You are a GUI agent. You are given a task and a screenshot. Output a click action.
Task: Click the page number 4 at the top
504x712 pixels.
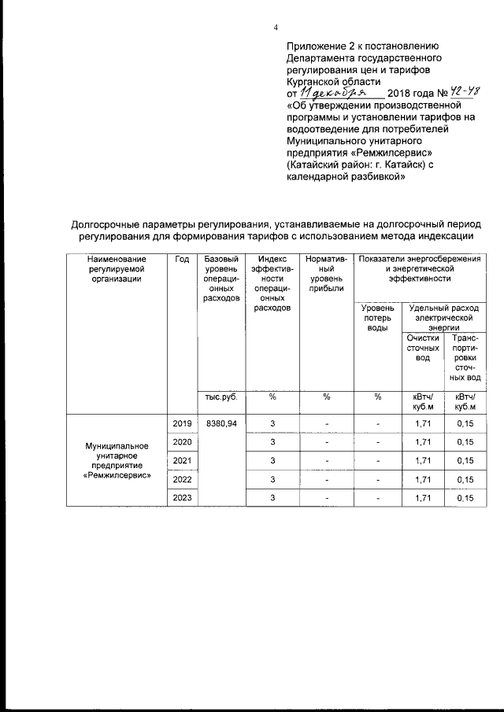(x=276, y=28)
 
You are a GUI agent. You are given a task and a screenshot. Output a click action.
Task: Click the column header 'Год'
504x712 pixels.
(x=182, y=260)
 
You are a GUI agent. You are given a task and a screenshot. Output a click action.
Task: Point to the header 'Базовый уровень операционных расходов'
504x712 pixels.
(x=220, y=279)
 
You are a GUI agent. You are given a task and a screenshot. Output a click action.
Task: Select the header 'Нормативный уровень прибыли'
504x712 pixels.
(x=326, y=275)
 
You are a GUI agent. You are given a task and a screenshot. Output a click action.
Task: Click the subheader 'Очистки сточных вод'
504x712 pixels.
(x=422, y=348)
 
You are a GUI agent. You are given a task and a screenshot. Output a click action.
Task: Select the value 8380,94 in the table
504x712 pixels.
(x=221, y=424)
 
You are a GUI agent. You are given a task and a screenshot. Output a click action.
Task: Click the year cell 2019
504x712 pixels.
(x=182, y=424)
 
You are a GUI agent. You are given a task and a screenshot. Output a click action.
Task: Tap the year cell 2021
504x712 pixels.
(x=182, y=460)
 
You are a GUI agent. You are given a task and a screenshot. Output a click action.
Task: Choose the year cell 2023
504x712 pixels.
(x=182, y=497)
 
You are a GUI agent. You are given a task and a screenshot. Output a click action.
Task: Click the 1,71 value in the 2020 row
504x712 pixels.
(x=422, y=442)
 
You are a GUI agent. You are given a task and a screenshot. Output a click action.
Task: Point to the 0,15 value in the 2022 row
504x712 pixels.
(x=465, y=479)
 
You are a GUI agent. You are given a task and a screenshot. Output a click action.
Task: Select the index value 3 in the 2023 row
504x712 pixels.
(x=272, y=497)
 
